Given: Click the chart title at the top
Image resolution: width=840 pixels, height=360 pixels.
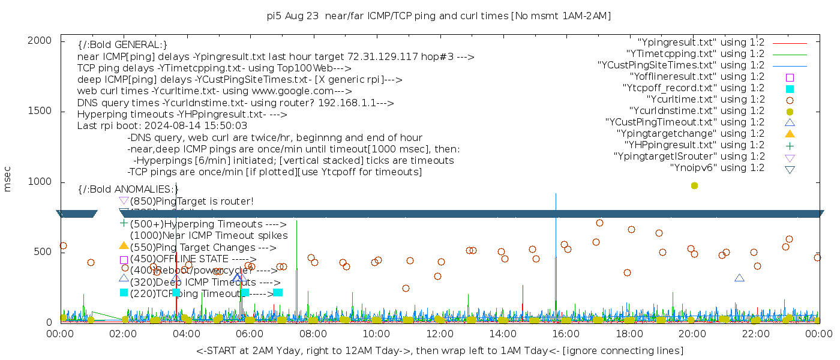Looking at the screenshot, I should pyautogui.click(x=439, y=16).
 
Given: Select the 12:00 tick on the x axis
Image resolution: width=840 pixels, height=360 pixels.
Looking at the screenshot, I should pyautogui.click(x=440, y=331).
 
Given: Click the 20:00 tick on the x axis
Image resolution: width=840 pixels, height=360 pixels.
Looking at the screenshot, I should pyautogui.click(x=692, y=331).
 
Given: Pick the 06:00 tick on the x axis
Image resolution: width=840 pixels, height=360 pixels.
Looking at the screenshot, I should pyautogui.click(x=250, y=331).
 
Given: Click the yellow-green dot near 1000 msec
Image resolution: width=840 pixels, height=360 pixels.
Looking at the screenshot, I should pyautogui.click(x=694, y=185).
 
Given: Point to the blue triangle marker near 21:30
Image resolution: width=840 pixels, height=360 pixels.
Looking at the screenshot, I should pyautogui.click(x=739, y=278).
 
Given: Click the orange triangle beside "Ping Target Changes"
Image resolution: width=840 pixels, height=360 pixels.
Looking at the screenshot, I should pyautogui.click(x=124, y=245).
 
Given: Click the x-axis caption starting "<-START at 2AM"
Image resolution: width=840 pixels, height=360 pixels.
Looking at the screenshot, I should pyautogui.click(x=439, y=350).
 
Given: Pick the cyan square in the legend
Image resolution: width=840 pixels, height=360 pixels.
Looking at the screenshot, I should pyautogui.click(x=790, y=89).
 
